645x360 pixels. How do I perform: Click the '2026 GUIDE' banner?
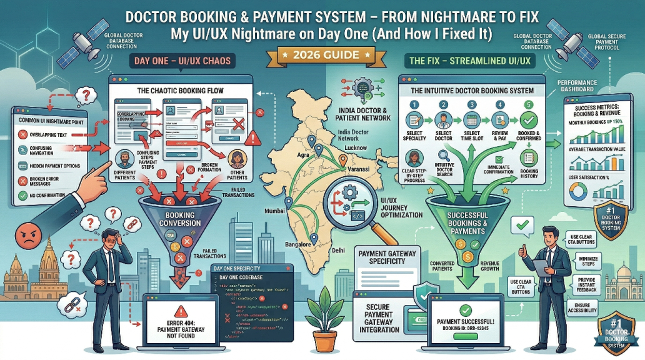pyautogui.click(x=322, y=55)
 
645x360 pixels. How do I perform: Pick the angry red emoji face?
pyautogui.click(x=21, y=238)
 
